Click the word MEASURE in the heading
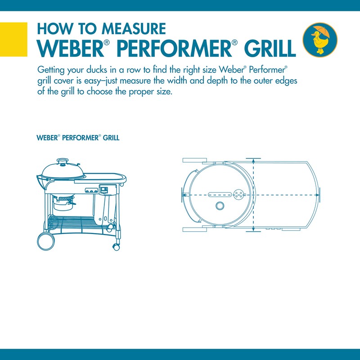[x=134, y=29]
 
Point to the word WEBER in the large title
[x=71, y=49]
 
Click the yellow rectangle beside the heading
[x=13, y=39]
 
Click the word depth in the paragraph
[x=217, y=81]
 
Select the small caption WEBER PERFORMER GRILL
[x=78, y=138]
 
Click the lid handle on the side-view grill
[x=63, y=161]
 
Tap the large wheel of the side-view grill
[x=46, y=241]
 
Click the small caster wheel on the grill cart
[x=116, y=247]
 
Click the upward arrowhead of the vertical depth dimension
[x=253, y=161]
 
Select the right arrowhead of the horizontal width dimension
[x=317, y=195]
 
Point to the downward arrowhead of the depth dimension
[x=253, y=229]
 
